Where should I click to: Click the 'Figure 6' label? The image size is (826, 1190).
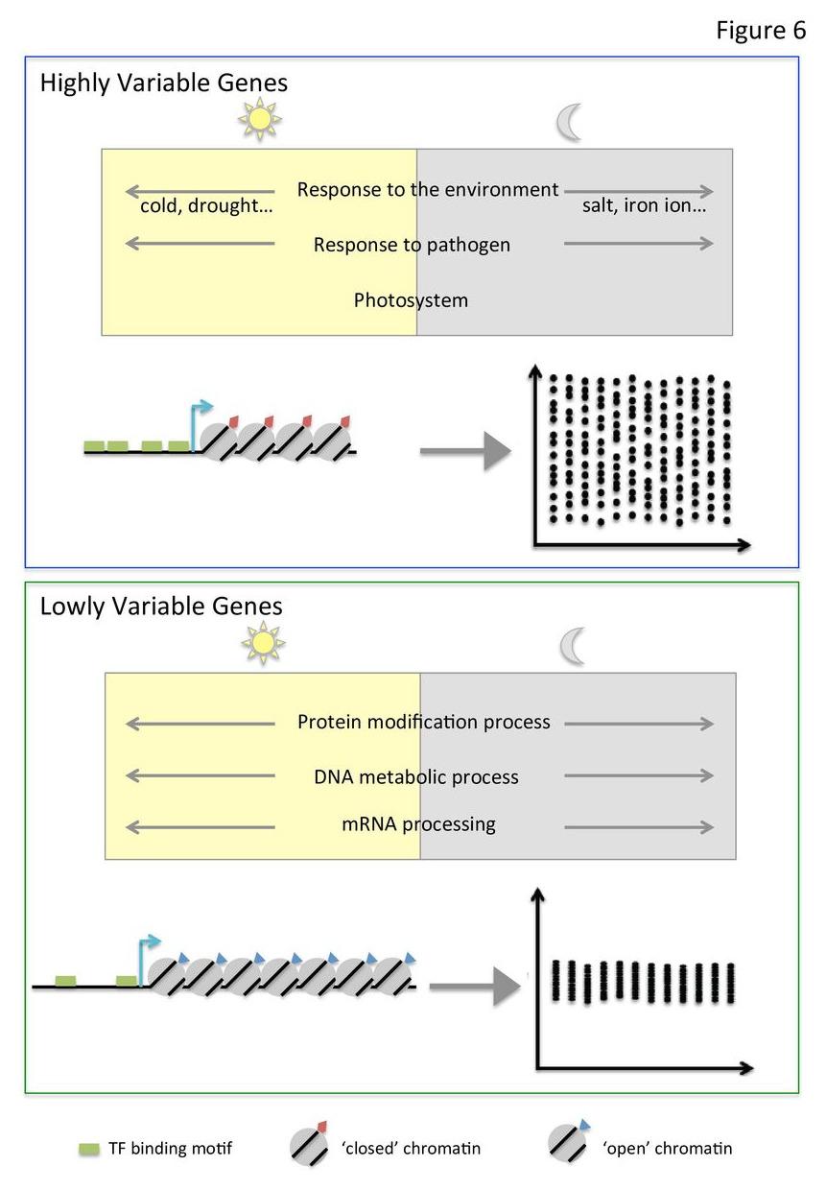761,31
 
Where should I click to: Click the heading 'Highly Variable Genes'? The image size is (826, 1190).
163,83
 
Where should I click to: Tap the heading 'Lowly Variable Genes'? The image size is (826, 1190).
161,607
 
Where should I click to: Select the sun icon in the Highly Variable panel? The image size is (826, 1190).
259,120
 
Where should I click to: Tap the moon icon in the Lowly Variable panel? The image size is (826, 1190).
573,646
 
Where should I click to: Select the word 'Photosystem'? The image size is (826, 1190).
411,299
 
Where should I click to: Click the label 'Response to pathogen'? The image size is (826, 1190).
412,245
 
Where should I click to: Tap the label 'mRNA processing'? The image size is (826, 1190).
418,823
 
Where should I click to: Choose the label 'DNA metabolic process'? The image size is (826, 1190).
416,776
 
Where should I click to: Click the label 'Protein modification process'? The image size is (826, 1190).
424,722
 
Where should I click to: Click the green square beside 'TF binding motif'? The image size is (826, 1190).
89,1149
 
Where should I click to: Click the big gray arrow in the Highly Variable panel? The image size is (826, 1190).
464,450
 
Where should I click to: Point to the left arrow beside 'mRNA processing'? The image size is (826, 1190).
200,826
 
